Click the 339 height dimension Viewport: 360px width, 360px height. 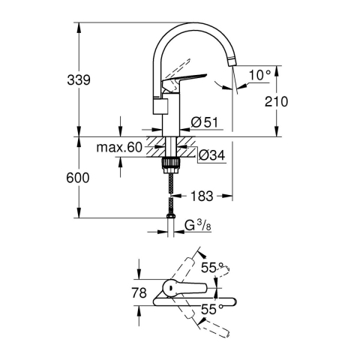(x=79, y=80)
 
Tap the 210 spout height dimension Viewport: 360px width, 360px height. (x=276, y=101)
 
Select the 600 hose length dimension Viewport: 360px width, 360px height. (x=78, y=178)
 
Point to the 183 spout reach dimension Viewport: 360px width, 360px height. (x=202, y=196)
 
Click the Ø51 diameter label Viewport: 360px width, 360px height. (x=205, y=122)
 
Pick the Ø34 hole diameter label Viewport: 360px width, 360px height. (x=212, y=155)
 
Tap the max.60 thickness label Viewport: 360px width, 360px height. (x=119, y=148)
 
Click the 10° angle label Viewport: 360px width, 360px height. (x=260, y=75)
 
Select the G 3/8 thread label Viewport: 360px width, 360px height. (x=198, y=226)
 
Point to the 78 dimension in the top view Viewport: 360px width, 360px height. (x=139, y=292)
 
